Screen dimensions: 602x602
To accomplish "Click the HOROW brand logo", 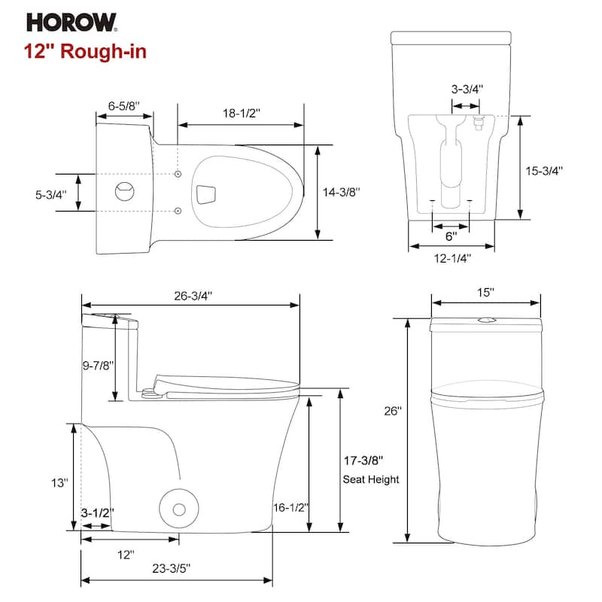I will pyautogui.click(x=72, y=23).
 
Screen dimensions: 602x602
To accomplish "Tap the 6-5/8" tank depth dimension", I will pyautogui.click(x=123, y=106).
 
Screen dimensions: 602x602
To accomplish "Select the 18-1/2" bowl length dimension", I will pyautogui.click(x=240, y=114).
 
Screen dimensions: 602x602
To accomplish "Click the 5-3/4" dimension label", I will pyautogui.click(x=51, y=194).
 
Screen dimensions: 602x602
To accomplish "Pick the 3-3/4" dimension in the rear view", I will pyautogui.click(x=467, y=89).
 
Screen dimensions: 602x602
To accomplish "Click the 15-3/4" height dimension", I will pyautogui.click(x=544, y=170).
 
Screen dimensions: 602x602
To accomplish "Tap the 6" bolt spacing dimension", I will pyautogui.click(x=450, y=236).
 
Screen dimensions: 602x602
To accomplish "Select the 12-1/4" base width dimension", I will pyautogui.click(x=451, y=258).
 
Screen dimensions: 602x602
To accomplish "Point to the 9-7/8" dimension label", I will pyautogui.click(x=96, y=365).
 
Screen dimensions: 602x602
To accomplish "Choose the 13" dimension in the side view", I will pyautogui.click(x=60, y=482).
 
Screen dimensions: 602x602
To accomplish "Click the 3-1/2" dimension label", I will pyautogui.click(x=97, y=512).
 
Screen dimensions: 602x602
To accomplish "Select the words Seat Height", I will pyautogui.click(x=371, y=479).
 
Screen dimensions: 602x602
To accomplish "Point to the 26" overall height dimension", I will pyautogui.click(x=394, y=412).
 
